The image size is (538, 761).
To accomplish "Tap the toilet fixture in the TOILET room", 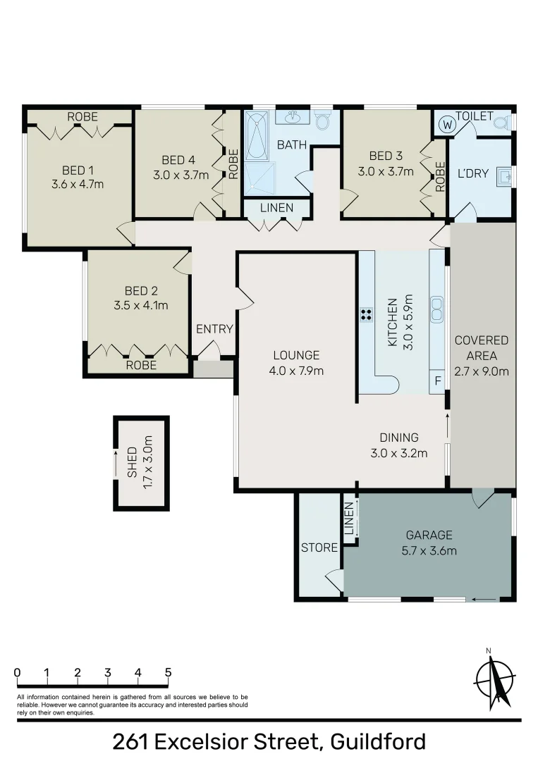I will pos(501,123).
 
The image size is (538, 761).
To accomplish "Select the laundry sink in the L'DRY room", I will pos(504,175).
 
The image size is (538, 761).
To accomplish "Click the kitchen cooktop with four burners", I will pos(367,315).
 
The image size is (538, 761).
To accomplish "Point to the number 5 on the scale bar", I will pos(168,672).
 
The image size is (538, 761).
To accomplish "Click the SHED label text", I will pos(132,462).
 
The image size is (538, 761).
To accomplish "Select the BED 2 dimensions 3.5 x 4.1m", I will pos(140,306).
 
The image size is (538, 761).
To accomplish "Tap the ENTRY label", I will pos(214,329).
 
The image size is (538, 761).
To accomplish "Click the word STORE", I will pos(319,547).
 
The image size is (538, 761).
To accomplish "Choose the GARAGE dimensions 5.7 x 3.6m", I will pos(429,550).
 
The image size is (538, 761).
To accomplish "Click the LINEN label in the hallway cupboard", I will pos(277,208).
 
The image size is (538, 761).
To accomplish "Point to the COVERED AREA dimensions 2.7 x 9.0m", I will pos(482,371).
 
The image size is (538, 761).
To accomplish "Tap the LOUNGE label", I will pos(297,355).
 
